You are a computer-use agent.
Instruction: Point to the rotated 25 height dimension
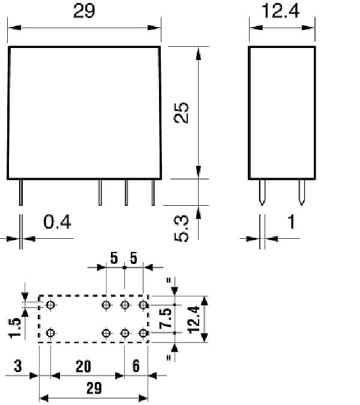tap(181, 113)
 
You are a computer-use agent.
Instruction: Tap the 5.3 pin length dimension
tap(182, 229)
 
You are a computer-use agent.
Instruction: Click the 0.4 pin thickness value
tap(58, 223)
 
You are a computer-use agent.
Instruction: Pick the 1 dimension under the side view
tap(292, 223)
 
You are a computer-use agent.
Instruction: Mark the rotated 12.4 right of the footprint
tap(193, 319)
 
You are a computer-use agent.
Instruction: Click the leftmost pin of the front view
tap(21, 193)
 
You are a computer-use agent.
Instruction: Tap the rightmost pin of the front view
tap(153, 193)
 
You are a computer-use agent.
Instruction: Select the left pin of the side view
tap(262, 193)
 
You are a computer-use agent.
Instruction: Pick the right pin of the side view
tap(301, 193)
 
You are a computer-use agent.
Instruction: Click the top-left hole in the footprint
tap(50, 305)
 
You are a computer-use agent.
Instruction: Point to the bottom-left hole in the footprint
tap(50, 333)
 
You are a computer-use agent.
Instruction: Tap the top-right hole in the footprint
tap(143, 305)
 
